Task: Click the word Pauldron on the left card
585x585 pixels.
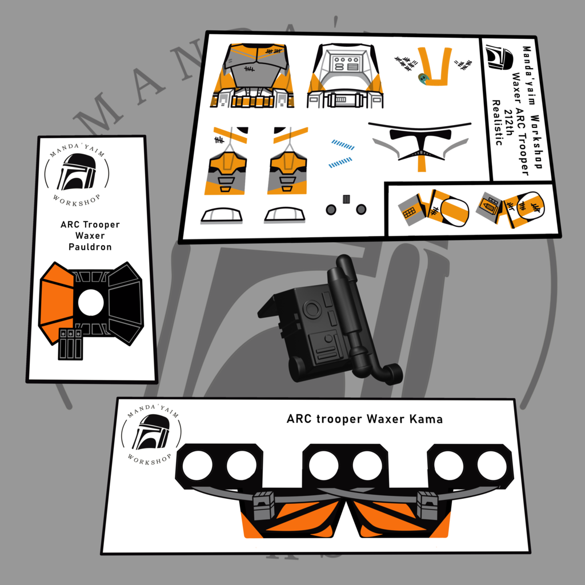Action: [90, 247]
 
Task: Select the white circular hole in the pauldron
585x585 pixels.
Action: [91, 303]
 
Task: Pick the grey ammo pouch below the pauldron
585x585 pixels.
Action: [70, 343]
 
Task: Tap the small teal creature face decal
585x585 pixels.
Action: [423, 78]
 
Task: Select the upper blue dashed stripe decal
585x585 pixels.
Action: [343, 145]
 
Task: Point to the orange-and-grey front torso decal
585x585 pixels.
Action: [253, 76]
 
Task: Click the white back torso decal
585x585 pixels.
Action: [344, 76]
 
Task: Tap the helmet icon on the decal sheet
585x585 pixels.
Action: [500, 58]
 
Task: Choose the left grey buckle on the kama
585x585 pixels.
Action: [264, 505]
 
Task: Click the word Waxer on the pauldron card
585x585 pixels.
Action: [90, 235]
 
